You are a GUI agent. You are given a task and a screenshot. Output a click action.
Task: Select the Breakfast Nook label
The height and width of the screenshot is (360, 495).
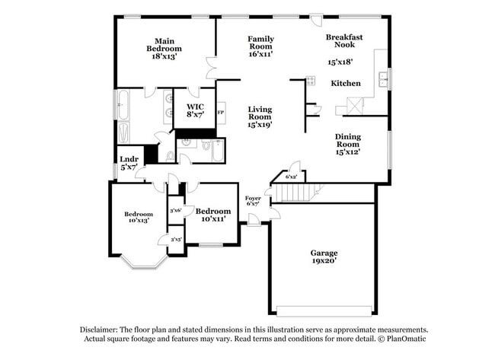pyautogui.click(x=344, y=41)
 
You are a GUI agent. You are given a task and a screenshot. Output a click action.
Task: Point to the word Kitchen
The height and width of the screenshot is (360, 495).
pyautogui.click(x=345, y=84)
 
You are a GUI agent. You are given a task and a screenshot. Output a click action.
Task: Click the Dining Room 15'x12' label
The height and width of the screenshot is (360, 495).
pyautogui.click(x=348, y=144)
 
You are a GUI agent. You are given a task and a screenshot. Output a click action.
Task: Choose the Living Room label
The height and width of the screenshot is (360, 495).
pyautogui.click(x=260, y=116)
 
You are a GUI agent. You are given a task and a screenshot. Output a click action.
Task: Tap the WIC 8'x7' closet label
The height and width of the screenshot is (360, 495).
pyautogui.click(x=195, y=110)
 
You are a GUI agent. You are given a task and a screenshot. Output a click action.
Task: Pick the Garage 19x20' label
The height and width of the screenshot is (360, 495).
pyautogui.click(x=324, y=256)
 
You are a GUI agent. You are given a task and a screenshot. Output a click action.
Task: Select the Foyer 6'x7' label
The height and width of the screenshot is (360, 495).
pyautogui.click(x=253, y=201)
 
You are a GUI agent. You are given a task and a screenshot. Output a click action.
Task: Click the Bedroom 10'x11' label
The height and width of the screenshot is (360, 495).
pyautogui.click(x=212, y=215)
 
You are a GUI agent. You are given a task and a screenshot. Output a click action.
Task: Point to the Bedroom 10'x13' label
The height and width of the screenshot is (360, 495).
pyautogui.click(x=139, y=218)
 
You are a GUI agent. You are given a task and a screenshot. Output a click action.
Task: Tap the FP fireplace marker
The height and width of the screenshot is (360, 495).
pyautogui.click(x=221, y=113)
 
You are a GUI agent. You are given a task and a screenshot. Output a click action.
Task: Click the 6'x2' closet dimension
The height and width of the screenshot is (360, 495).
pyautogui.click(x=291, y=177)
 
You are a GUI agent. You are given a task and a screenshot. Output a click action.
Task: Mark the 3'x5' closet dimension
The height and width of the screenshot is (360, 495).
pyautogui.click(x=176, y=240)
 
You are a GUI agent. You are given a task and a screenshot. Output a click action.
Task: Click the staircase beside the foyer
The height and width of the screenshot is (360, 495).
pyautogui.click(x=292, y=193)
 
